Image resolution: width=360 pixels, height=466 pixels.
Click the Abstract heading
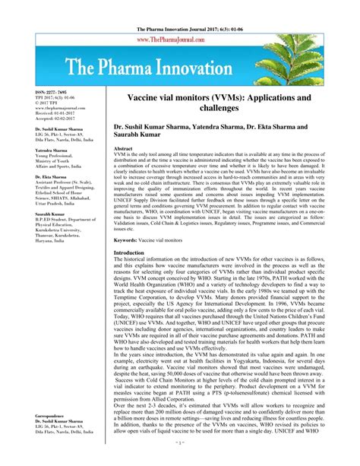pos(126,149)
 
